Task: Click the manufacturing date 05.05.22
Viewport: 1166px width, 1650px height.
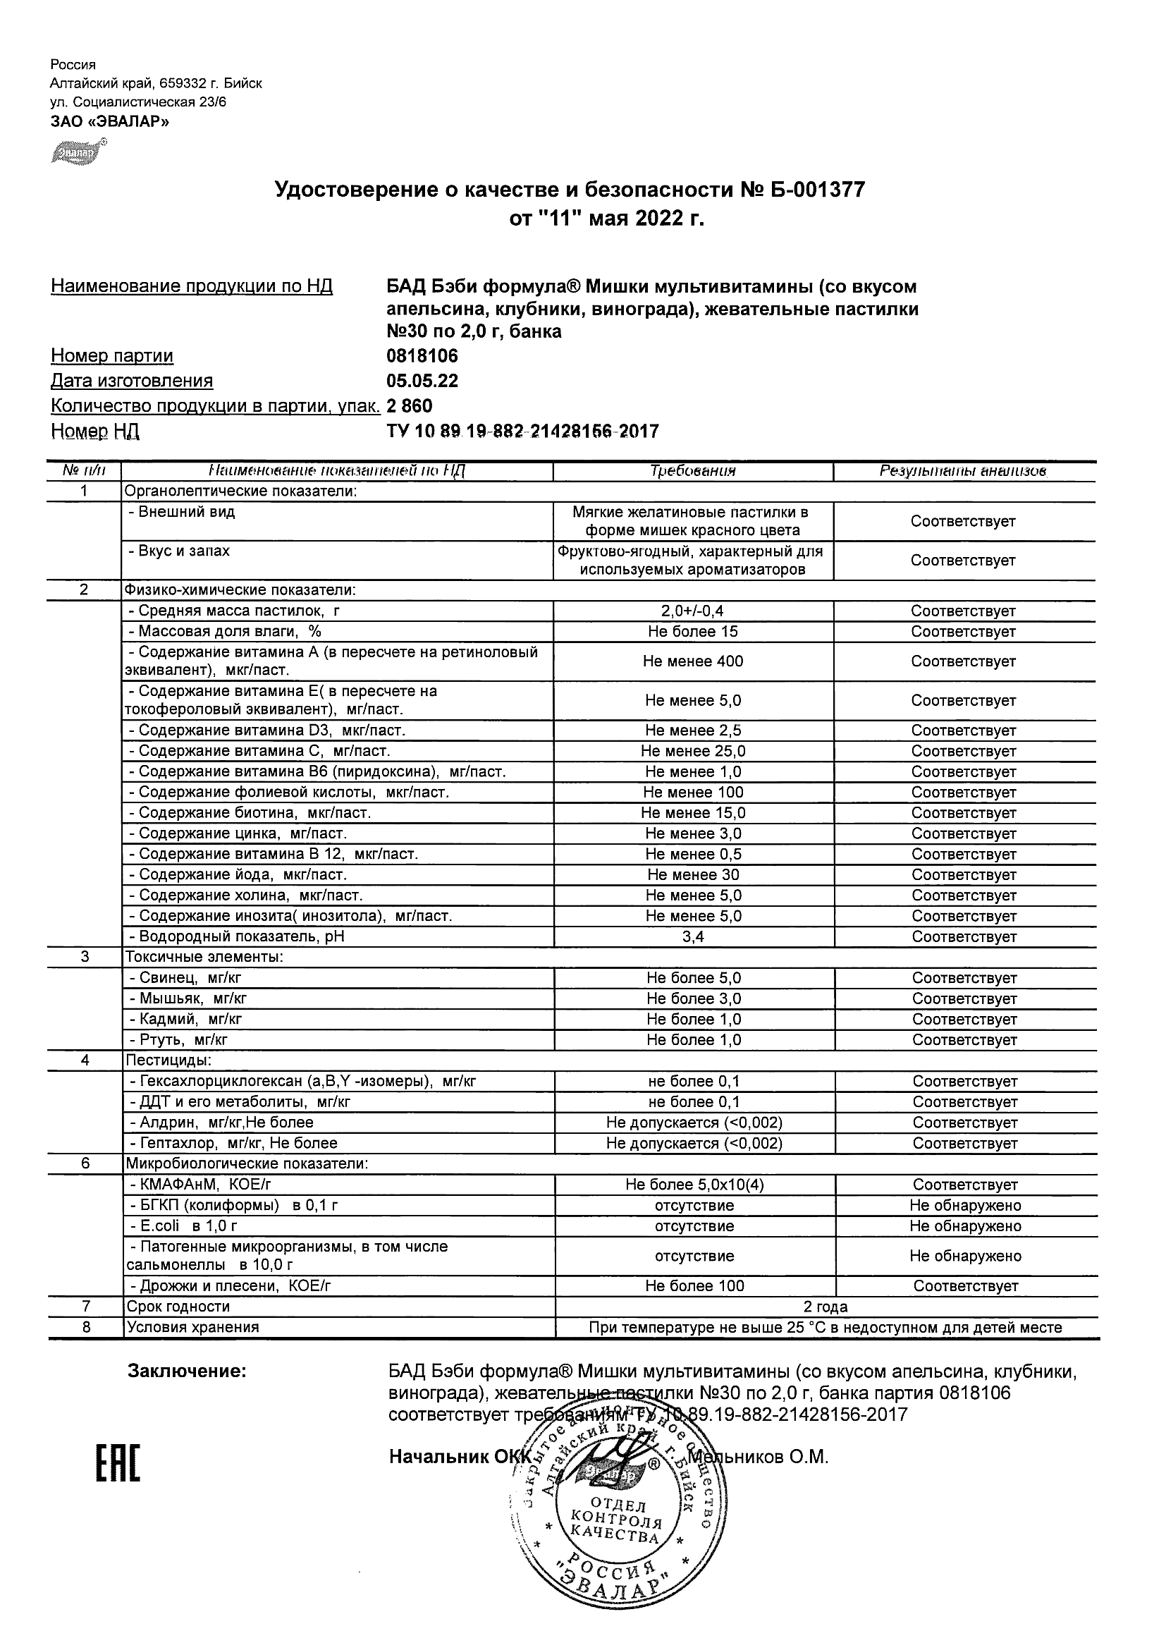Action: [x=422, y=381]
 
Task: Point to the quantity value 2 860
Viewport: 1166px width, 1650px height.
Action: [x=410, y=406]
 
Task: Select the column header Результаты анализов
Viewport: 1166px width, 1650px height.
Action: [x=963, y=472]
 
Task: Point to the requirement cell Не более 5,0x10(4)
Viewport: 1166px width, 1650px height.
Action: [x=694, y=1185]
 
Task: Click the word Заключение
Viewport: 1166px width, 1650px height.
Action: [x=187, y=1371]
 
